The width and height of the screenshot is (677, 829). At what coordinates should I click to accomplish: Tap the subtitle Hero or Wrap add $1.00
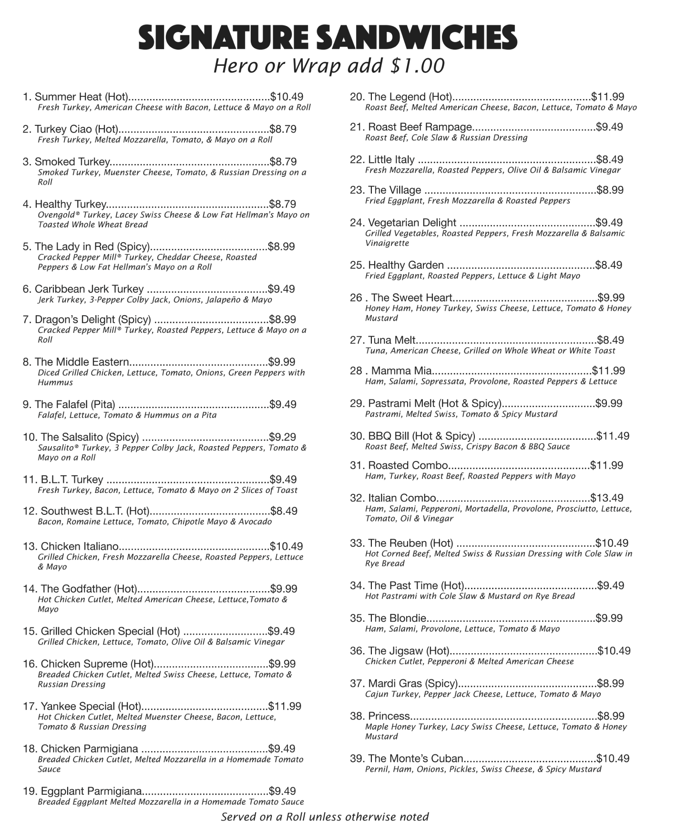pyautogui.click(x=329, y=66)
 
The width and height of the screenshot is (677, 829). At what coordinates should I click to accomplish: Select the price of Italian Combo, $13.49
pyautogui.click(x=606, y=498)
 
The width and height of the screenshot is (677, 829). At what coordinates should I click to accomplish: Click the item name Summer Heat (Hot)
pyautogui.click(x=81, y=97)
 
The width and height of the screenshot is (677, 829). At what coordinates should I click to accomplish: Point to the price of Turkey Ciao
pyautogui.click(x=283, y=129)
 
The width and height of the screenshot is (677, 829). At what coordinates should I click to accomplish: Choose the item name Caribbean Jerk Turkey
pyautogui.click(x=89, y=289)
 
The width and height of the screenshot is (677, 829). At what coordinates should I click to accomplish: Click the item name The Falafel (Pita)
pyautogui.click(x=75, y=404)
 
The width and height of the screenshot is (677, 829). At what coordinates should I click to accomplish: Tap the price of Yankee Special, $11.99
pyautogui.click(x=285, y=706)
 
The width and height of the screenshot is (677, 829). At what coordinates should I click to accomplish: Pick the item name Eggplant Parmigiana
pyautogui.click(x=91, y=791)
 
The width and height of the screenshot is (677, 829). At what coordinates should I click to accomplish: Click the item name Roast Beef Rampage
pyautogui.click(x=420, y=127)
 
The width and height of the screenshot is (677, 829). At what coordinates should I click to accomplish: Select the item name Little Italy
pyautogui.click(x=391, y=159)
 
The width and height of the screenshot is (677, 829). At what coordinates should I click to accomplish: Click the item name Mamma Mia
pyautogui.click(x=401, y=370)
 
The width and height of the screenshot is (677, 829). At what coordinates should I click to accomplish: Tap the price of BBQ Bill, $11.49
pyautogui.click(x=613, y=436)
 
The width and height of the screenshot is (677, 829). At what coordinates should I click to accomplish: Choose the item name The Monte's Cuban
pyautogui.click(x=415, y=758)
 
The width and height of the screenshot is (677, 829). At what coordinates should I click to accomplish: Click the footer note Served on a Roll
pyautogui.click(x=325, y=817)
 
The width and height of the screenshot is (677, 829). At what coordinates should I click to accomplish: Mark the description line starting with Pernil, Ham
pyautogui.click(x=483, y=769)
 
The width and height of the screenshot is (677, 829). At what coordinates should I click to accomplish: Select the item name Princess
pyautogui.click(x=389, y=716)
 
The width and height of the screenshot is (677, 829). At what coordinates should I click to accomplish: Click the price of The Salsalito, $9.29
pyautogui.click(x=282, y=437)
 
